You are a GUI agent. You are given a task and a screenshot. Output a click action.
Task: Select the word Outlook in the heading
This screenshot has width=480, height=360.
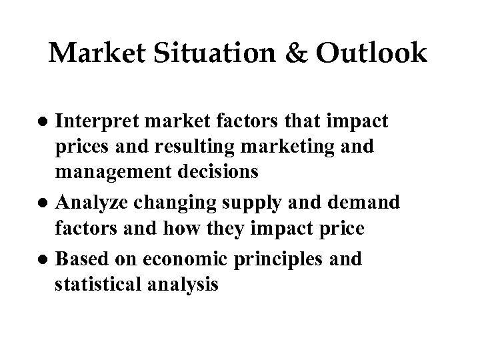coord(371,54)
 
